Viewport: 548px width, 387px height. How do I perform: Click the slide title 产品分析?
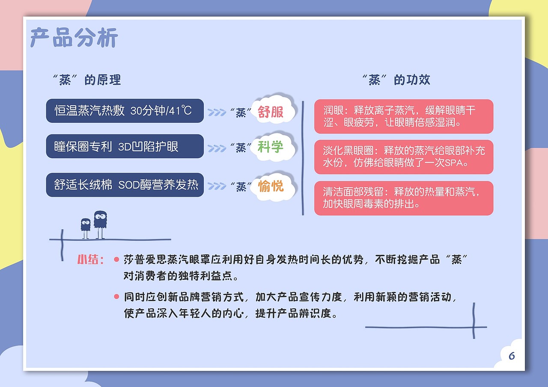point(74,38)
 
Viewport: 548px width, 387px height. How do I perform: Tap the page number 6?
point(512,356)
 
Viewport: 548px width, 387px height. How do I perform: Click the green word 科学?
point(271,147)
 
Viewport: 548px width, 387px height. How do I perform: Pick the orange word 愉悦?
point(271,186)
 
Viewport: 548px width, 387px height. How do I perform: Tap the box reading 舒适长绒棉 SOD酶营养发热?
point(124,185)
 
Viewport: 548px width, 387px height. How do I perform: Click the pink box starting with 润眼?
point(403,116)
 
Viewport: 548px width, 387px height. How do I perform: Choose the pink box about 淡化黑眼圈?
point(403,157)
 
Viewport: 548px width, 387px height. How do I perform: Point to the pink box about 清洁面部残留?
point(403,198)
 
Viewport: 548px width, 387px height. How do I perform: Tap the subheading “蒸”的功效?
point(396,80)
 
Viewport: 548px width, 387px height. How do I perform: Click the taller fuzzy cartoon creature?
point(100,223)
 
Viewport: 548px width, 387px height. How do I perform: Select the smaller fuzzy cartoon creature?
point(86,227)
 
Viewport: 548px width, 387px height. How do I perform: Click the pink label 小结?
point(90,260)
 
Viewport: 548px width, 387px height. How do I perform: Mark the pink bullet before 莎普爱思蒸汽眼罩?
point(116,260)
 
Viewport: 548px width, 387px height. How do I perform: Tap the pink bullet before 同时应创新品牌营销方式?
point(116,296)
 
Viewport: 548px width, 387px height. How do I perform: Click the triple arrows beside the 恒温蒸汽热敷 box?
point(217,112)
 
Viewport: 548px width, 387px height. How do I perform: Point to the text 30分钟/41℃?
point(161,111)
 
